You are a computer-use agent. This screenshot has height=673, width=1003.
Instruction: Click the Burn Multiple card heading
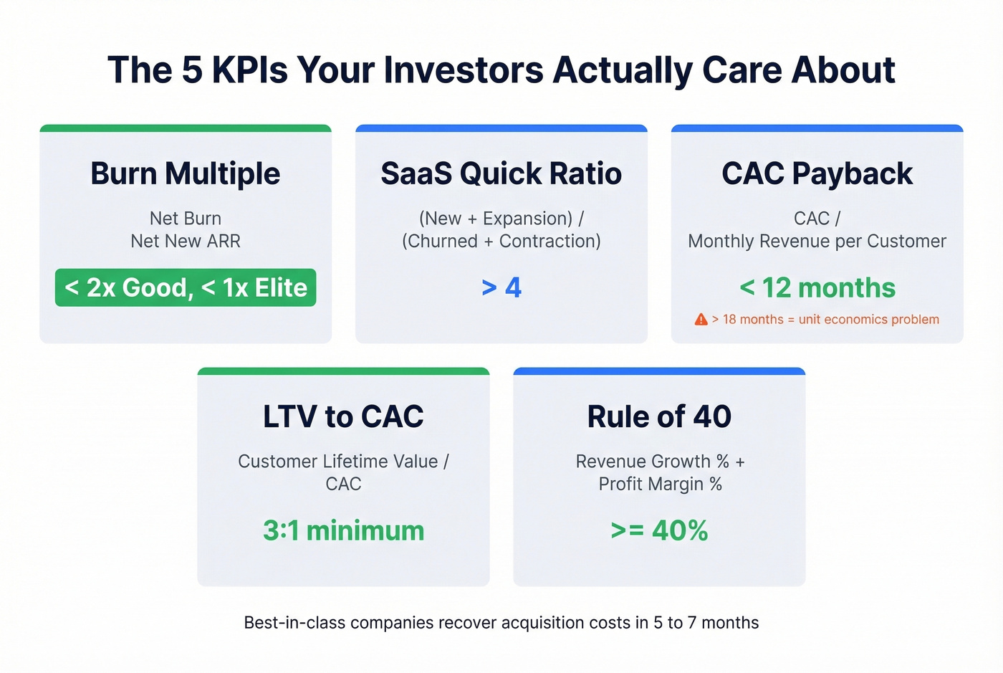(185, 173)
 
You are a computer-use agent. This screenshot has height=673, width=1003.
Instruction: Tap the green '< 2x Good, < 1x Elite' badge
(186, 287)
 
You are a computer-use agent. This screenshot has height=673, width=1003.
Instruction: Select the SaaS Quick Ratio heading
(501, 173)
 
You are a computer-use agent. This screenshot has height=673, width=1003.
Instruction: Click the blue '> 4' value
(501, 287)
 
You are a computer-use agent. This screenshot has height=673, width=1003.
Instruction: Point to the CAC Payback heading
(817, 173)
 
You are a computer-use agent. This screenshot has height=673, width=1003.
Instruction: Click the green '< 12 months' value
(817, 287)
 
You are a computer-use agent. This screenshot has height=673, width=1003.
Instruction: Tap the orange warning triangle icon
(701, 319)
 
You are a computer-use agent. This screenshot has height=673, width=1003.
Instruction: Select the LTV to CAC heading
(343, 416)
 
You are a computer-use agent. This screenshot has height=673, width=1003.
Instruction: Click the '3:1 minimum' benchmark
(343, 530)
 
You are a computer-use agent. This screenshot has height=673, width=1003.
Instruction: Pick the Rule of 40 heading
(659, 416)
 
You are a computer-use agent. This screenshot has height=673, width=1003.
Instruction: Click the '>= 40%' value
(659, 530)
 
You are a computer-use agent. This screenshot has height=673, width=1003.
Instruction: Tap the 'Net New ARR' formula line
(186, 241)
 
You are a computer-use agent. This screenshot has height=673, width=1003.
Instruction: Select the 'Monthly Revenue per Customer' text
(817, 241)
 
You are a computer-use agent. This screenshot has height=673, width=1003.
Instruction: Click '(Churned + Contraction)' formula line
(501, 241)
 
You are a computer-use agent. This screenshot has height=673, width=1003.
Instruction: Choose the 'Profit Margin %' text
(660, 484)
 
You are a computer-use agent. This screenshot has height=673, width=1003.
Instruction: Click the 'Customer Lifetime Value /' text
(343, 461)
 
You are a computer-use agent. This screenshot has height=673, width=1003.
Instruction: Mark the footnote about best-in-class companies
(501, 622)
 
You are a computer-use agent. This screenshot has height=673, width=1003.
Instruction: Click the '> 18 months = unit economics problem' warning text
(825, 319)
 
